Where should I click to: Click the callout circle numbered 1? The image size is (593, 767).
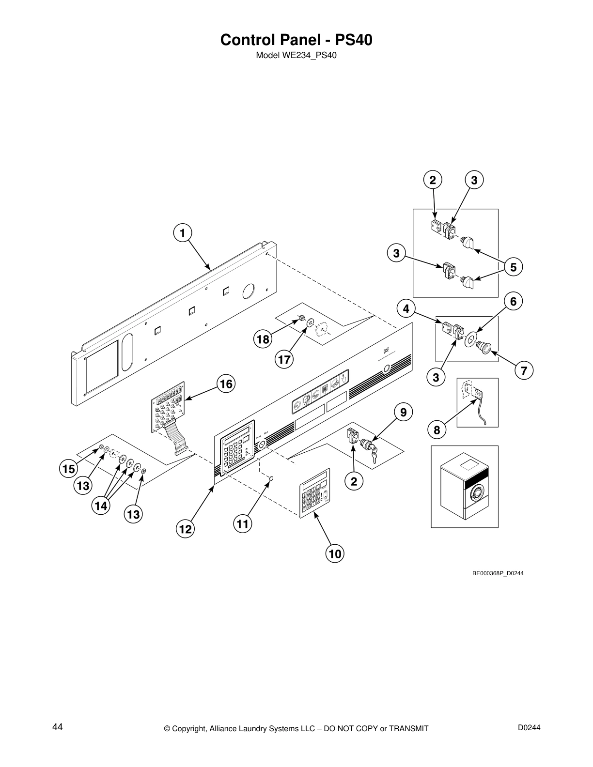point(182,233)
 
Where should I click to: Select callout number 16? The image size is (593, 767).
point(226,384)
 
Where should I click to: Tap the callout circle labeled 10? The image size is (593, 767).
point(335,553)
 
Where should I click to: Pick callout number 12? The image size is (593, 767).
point(185,529)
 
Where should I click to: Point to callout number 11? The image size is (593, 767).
point(243,524)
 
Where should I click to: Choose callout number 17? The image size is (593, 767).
point(284,359)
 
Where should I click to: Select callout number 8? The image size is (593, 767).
point(437,430)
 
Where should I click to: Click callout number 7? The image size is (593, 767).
point(524,371)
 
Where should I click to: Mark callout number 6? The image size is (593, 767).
point(513,301)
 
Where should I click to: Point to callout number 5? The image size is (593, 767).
point(513,267)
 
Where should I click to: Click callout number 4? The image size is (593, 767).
point(406,308)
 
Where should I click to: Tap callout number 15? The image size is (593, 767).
point(68,469)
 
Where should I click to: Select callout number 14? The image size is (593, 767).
point(101,506)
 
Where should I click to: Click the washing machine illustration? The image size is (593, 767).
point(465,486)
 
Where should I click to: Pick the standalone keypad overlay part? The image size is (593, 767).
point(315,493)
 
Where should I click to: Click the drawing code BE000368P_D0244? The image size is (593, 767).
point(498,573)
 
